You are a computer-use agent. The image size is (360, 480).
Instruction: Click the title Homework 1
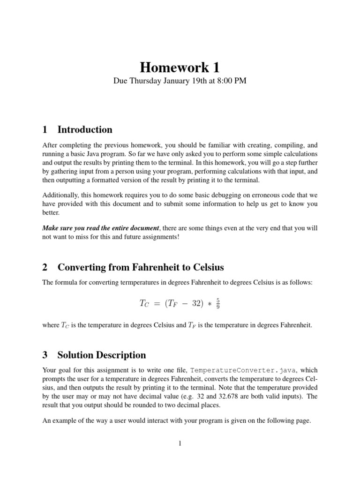(x=180, y=68)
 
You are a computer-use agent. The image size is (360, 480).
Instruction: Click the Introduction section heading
(x=84, y=130)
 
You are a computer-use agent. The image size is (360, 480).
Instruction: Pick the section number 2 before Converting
(x=45, y=268)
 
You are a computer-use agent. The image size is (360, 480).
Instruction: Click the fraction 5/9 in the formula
(x=217, y=304)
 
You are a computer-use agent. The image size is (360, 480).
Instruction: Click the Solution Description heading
(x=101, y=355)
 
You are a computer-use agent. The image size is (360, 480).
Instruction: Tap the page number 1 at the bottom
(x=180, y=443)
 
